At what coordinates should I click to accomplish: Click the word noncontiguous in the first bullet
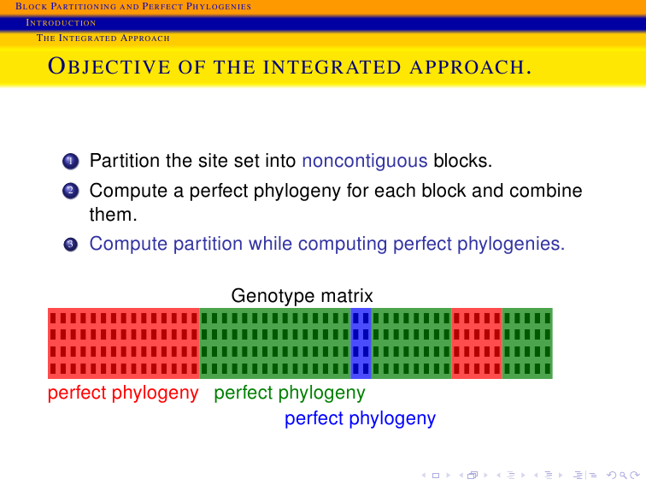point(365,162)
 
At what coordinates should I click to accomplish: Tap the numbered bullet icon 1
point(70,162)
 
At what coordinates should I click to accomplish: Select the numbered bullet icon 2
point(70,191)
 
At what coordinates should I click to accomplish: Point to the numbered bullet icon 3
point(70,244)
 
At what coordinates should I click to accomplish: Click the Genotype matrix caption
point(302,296)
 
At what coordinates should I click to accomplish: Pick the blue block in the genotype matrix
point(361,343)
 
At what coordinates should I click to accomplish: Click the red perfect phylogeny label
point(123,393)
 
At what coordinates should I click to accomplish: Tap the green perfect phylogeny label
point(290,393)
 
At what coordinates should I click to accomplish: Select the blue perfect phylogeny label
point(360,418)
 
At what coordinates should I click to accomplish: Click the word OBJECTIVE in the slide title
point(109,67)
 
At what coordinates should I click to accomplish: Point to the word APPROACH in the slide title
point(471,68)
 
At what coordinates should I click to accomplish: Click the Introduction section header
point(61,23)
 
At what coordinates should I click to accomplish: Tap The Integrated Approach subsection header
point(103,38)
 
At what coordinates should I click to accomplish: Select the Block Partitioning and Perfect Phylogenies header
point(133,6)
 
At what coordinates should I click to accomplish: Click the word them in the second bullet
point(114,215)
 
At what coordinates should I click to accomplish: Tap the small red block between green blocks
point(477,343)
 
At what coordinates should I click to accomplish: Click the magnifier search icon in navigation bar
point(623,476)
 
